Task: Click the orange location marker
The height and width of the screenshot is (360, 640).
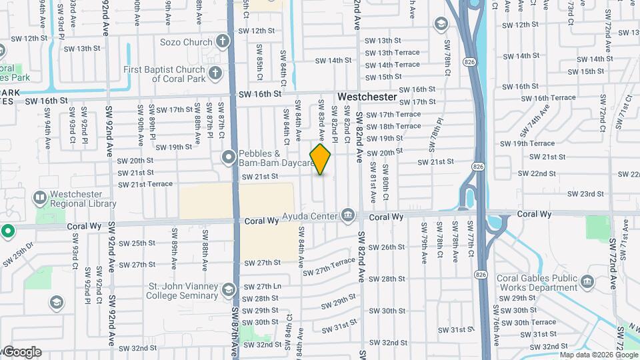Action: click(x=321, y=159)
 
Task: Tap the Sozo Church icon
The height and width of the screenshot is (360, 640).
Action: click(x=222, y=41)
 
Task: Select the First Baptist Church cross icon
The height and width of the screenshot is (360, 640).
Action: click(x=215, y=73)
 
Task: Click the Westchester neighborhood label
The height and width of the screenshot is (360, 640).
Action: click(x=367, y=97)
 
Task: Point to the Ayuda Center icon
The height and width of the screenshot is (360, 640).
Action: click(x=347, y=215)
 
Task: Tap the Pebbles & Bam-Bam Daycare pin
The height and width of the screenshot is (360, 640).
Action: click(x=229, y=158)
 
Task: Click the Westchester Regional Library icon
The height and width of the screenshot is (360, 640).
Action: click(x=42, y=198)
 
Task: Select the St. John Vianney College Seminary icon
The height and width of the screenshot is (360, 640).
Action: click(x=229, y=289)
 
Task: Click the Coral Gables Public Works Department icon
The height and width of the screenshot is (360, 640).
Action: click(x=587, y=282)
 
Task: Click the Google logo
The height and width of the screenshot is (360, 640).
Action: click(x=21, y=352)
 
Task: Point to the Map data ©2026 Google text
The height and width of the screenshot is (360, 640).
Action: click(x=599, y=355)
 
